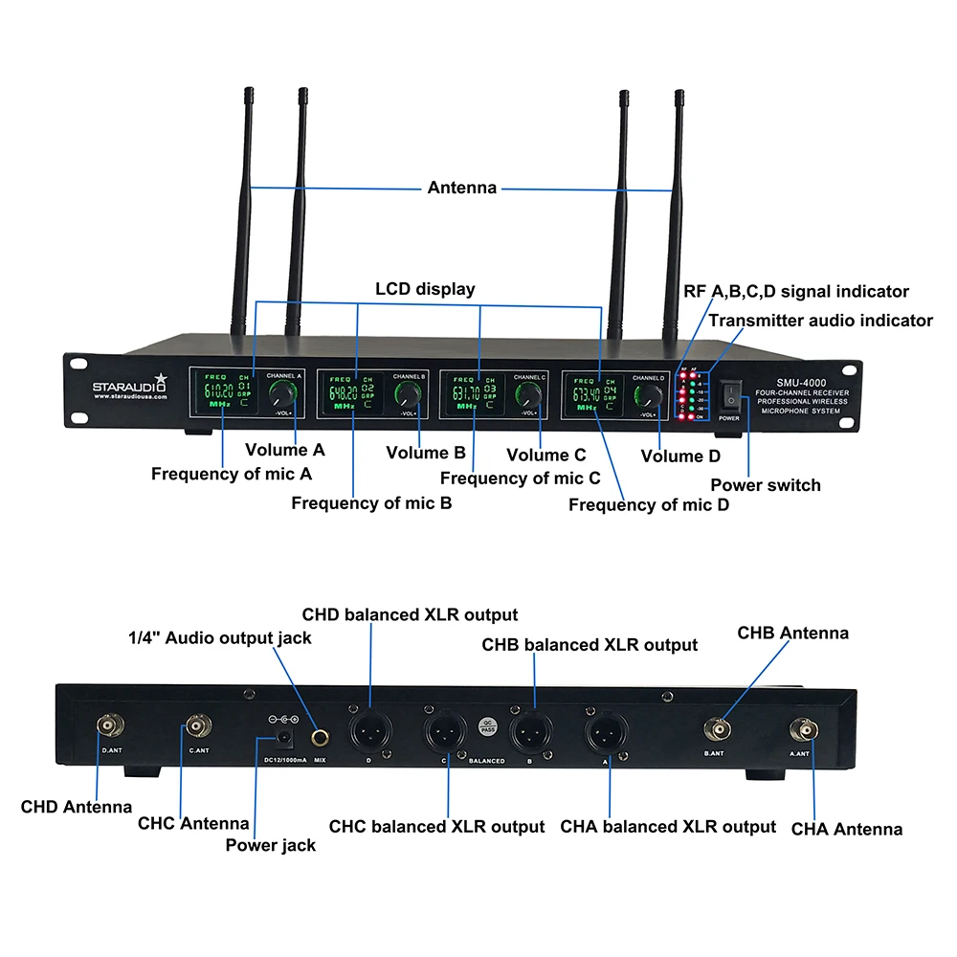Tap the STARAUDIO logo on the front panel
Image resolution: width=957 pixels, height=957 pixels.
(129, 386)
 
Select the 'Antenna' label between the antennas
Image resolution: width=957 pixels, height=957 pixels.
(462, 188)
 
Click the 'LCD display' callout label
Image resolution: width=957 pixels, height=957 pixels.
(425, 289)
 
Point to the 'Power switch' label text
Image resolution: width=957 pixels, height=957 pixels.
(766, 485)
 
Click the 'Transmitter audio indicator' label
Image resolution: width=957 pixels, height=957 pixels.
(820, 321)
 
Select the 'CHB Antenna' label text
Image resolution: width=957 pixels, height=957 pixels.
(792, 633)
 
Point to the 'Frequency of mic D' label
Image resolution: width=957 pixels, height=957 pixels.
(649, 504)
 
